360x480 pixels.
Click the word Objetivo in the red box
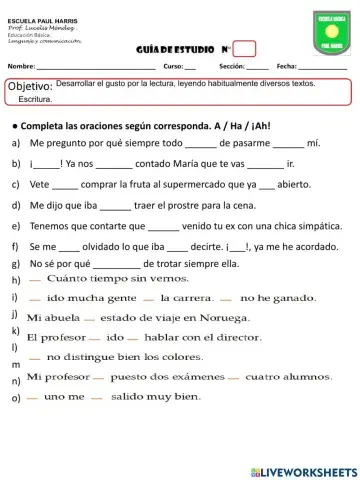[30, 87]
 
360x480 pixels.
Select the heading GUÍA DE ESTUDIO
[170, 49]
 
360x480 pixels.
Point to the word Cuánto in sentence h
[68, 279]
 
